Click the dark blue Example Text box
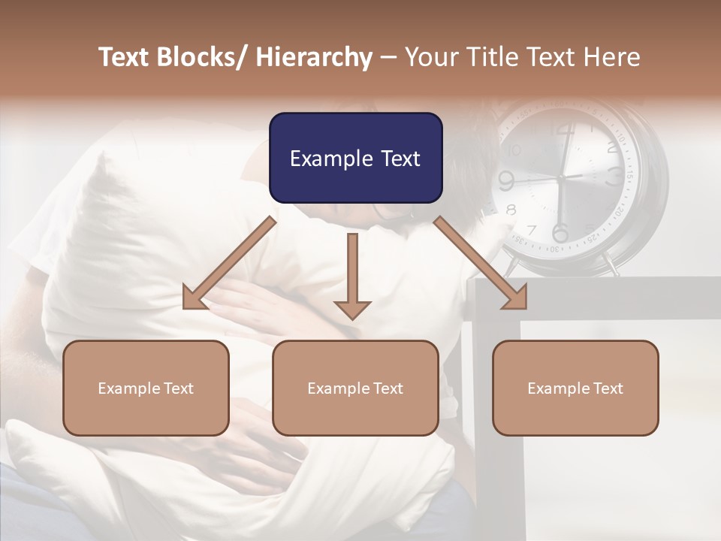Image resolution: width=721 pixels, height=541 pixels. pos(355,158)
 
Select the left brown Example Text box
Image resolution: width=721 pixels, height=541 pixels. pos(146,388)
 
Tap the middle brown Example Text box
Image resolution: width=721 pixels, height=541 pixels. pos(355,388)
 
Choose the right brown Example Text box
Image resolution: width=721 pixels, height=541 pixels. pos(575,388)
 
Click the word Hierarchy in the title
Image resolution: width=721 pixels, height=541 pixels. pos(313,57)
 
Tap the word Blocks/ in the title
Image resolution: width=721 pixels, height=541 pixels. pos(204,57)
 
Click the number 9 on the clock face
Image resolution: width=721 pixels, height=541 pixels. pos(507,181)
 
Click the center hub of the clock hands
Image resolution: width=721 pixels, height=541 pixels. pos(560,178)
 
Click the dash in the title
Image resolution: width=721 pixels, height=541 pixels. pos(388,57)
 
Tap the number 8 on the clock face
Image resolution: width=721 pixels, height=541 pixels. pos(511,210)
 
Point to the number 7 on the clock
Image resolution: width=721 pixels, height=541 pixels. pos(532,228)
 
